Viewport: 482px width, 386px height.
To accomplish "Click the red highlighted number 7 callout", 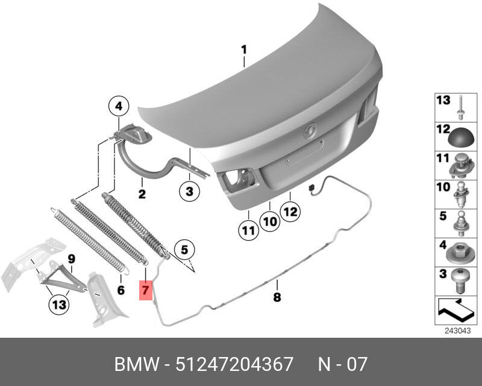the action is [145, 290].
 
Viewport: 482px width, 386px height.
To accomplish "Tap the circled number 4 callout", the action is [119, 107].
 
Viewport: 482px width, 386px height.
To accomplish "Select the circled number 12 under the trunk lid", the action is [290, 212].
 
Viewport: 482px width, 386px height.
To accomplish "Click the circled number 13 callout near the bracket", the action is [59, 305].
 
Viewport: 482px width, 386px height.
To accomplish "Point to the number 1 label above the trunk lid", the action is [244, 49].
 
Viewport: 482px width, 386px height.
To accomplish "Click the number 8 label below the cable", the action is [277, 297].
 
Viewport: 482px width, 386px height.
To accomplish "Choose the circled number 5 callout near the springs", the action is [184, 250].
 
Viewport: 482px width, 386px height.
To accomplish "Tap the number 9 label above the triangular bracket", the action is [71, 259].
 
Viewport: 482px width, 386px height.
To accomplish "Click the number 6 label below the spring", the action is [121, 290].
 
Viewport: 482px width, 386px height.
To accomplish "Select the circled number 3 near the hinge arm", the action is [189, 191].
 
